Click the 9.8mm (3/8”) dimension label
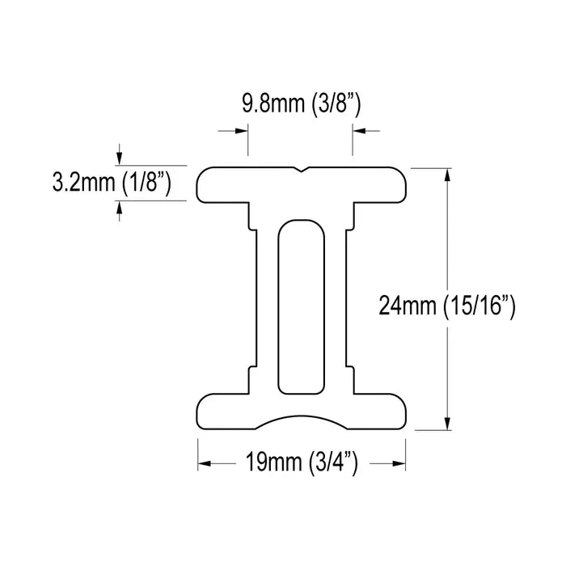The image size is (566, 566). tap(300, 103)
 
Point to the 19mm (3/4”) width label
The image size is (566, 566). tap(301, 463)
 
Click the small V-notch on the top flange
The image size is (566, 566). tap(301, 171)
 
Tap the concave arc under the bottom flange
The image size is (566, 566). tap(301, 420)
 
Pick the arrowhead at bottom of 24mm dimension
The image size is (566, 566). tap(447, 424)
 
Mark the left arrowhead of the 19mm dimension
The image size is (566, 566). tap(205, 463)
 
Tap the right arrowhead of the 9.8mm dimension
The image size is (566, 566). tap(359, 129)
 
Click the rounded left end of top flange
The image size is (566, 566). tap(202, 184)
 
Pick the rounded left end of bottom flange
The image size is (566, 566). tap(202, 412)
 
